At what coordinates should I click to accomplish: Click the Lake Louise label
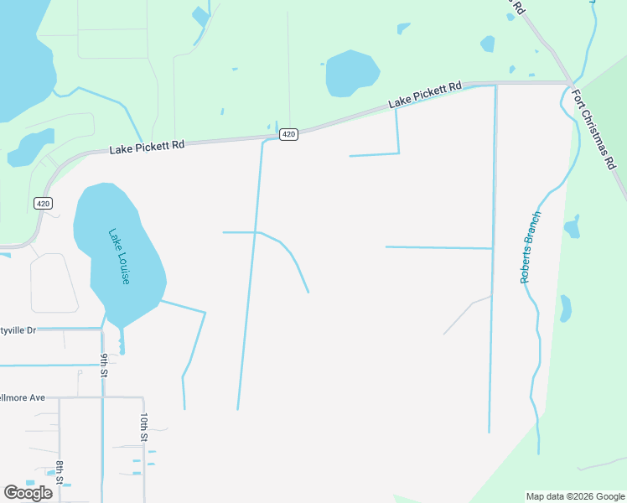point(119,256)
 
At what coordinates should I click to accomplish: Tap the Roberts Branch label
point(531,247)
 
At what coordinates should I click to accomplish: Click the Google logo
point(28,493)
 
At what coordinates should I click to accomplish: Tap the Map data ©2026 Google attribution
point(574,496)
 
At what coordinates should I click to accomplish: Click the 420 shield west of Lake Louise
point(44,203)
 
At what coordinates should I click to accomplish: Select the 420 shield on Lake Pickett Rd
point(288,134)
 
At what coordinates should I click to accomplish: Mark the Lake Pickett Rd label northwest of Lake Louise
point(147,148)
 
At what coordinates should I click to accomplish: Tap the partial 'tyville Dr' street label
point(18,330)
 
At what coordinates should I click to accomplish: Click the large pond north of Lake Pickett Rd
point(352,71)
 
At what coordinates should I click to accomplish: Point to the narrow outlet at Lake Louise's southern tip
point(122,341)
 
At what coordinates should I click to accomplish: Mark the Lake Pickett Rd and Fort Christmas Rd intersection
point(569,84)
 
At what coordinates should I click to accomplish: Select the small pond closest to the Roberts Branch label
point(573,226)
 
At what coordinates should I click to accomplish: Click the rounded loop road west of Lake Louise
point(54,283)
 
